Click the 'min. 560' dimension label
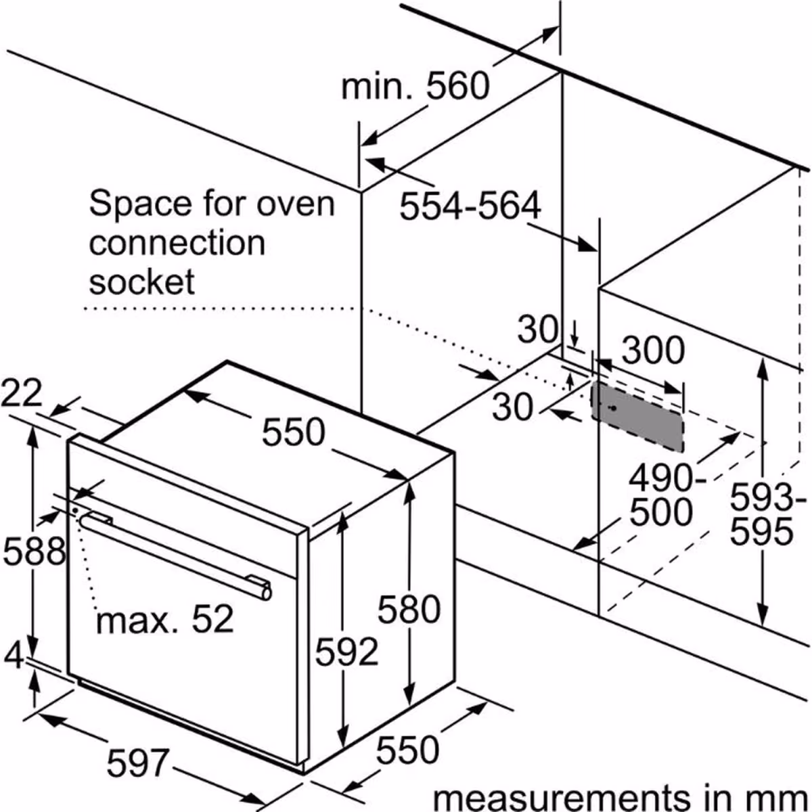point(415,87)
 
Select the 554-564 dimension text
point(470,206)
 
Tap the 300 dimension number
point(653,350)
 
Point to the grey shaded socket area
point(637,417)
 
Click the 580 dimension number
point(409,609)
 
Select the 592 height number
point(346,652)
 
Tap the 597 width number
point(138,763)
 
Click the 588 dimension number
point(35,551)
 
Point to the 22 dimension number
point(21,392)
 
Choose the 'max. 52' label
point(164,619)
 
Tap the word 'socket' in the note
point(141,281)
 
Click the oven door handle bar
point(175,556)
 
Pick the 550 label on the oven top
point(293,432)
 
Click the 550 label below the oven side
point(407,750)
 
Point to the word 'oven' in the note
point(296,204)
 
